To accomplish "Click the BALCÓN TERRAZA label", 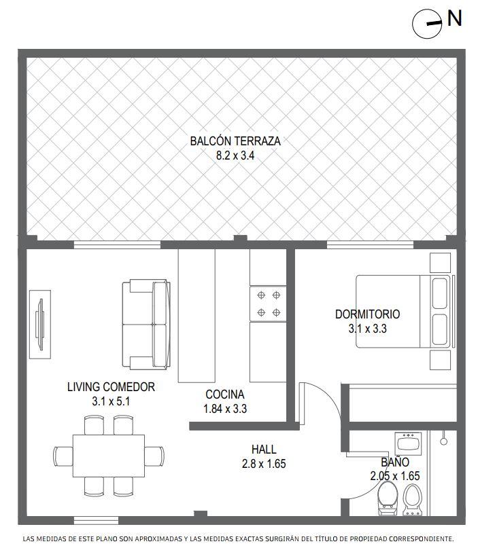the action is [x=235, y=141].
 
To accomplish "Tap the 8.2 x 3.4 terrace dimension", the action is [x=235, y=156].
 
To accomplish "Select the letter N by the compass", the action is [x=455, y=18].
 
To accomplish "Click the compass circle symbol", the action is [x=427, y=24].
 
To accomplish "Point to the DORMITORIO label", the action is [x=367, y=314].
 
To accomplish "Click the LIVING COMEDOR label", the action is [x=111, y=387].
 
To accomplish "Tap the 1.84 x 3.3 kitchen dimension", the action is [x=225, y=409].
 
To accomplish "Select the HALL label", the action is [x=264, y=450].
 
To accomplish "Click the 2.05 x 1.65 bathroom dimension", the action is [x=395, y=476].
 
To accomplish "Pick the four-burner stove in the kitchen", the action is [x=268, y=304].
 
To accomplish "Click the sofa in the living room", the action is [x=146, y=325].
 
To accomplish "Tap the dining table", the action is [x=109, y=456].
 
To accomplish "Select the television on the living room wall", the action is [x=40, y=325].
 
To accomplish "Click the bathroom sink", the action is [x=408, y=444].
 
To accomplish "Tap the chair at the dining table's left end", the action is [x=63, y=456].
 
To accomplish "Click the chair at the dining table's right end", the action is [x=154, y=456].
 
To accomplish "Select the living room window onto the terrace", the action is [x=117, y=245].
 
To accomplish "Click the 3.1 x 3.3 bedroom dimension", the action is [x=367, y=329].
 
